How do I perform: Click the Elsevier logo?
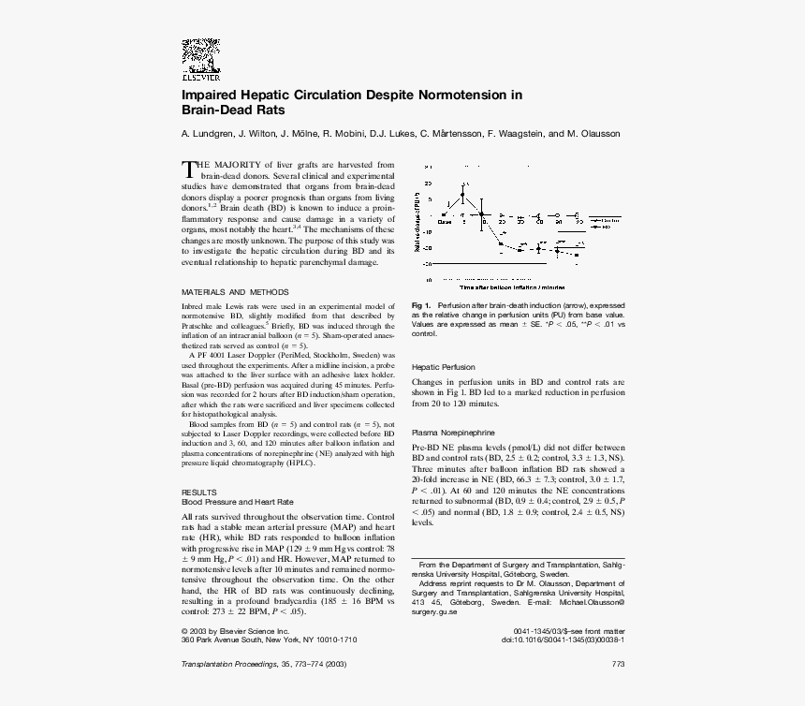(x=199, y=60)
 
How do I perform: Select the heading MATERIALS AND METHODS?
(x=235, y=292)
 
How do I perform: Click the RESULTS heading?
(x=198, y=492)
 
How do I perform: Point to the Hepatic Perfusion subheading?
(x=444, y=367)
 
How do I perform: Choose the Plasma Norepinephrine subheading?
(x=454, y=433)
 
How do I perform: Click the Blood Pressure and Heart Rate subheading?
(x=237, y=502)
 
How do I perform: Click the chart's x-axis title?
(x=512, y=287)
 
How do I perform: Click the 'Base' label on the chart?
(x=445, y=223)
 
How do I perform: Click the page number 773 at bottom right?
(x=618, y=664)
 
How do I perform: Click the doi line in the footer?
(x=563, y=640)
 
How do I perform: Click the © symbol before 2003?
(x=184, y=631)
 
